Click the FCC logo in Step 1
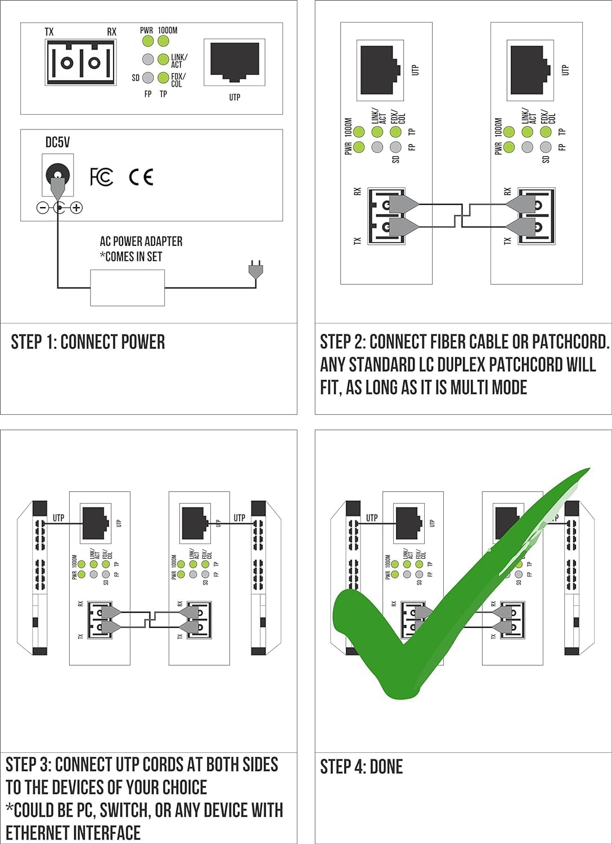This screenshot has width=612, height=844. point(101,177)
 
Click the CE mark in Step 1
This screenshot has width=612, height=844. point(141,177)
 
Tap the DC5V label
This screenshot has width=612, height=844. point(57,142)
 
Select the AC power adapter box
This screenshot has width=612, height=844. point(127,288)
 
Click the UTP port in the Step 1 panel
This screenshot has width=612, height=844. point(235,62)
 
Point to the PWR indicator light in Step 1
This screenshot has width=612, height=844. point(147,41)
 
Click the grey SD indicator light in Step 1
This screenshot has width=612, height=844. point(147,78)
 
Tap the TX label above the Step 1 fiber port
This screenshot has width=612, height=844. point(49,32)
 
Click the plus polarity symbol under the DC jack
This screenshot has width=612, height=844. point(76,208)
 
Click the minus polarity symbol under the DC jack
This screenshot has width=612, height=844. point(43,208)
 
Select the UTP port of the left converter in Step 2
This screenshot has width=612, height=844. point(380,70)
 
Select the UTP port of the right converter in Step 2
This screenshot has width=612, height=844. point(530,70)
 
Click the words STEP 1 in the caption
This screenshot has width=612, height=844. point(34,342)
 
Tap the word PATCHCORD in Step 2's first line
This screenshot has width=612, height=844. point(570,342)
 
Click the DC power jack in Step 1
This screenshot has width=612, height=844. point(57,174)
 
